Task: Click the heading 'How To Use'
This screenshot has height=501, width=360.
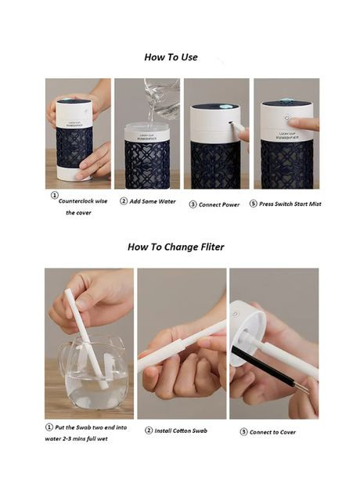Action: [171, 57]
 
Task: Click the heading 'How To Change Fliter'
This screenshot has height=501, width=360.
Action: [175, 247]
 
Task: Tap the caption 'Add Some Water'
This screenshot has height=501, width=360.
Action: [153, 201]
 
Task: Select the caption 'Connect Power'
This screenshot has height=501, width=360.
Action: [219, 204]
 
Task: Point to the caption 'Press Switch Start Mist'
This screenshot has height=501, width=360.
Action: [290, 204]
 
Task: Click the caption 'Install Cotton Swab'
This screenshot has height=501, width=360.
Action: [181, 431]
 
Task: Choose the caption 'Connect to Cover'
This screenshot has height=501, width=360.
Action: [272, 432]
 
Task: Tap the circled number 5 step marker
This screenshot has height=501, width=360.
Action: [254, 204]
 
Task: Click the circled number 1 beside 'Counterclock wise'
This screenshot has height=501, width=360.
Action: [55, 195]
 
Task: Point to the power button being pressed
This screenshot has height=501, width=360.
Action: [287, 117]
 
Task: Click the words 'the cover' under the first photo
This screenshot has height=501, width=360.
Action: [78, 213]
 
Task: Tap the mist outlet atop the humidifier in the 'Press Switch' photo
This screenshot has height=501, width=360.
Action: [286, 102]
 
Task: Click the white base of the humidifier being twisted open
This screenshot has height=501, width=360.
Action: [74, 173]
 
